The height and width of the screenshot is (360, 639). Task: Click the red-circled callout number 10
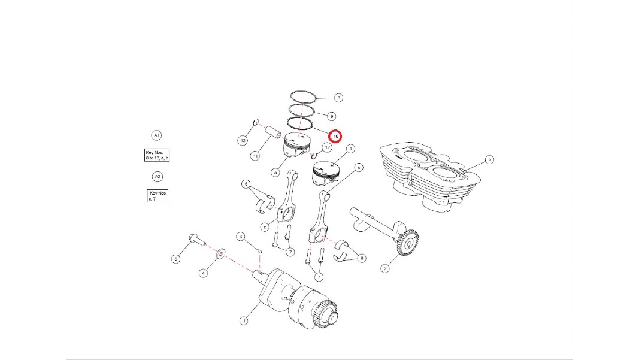pos(336,136)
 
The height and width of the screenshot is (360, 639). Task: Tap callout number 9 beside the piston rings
pos(332,117)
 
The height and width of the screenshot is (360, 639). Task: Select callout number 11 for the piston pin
pos(255,156)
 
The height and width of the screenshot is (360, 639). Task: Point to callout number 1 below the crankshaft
pos(244,321)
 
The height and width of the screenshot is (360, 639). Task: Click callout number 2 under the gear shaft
pos(385,268)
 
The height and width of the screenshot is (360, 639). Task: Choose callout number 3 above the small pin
pos(241,237)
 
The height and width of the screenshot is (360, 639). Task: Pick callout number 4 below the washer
pos(203,273)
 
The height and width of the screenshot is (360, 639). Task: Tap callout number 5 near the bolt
pos(175,259)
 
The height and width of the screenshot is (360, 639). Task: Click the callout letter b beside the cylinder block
pos(489,159)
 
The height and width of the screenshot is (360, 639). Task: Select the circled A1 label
pos(156,135)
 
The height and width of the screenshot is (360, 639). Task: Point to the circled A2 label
pos(158,177)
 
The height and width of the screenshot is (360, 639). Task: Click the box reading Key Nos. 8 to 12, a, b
pos(157,155)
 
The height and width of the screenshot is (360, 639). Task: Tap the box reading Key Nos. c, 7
pos(158,196)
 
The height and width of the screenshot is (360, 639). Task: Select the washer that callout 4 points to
pos(220,253)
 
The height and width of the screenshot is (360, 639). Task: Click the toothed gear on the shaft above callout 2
pos(407,243)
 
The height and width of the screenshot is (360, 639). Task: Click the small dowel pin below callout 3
pos(259,250)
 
